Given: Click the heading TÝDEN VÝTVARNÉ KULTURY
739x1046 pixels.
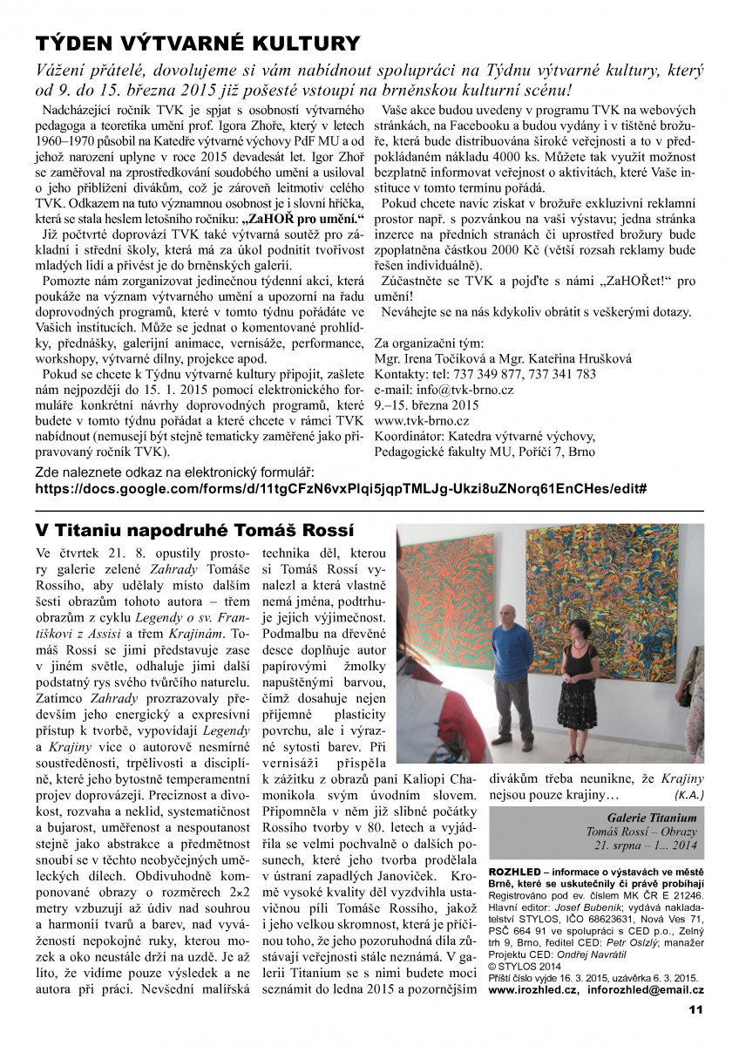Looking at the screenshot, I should click(x=197, y=44).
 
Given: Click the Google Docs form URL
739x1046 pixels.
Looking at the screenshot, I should click(x=340, y=487).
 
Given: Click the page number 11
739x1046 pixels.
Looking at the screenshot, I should click(x=695, y=1009).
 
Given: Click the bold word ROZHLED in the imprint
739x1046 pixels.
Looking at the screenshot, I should click(x=517, y=872).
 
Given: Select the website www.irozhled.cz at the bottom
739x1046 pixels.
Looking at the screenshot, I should click(x=533, y=990).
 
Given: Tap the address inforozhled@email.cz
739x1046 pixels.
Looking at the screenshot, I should click(x=646, y=990).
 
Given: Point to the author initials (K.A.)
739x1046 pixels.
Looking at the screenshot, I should click(x=688, y=794).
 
